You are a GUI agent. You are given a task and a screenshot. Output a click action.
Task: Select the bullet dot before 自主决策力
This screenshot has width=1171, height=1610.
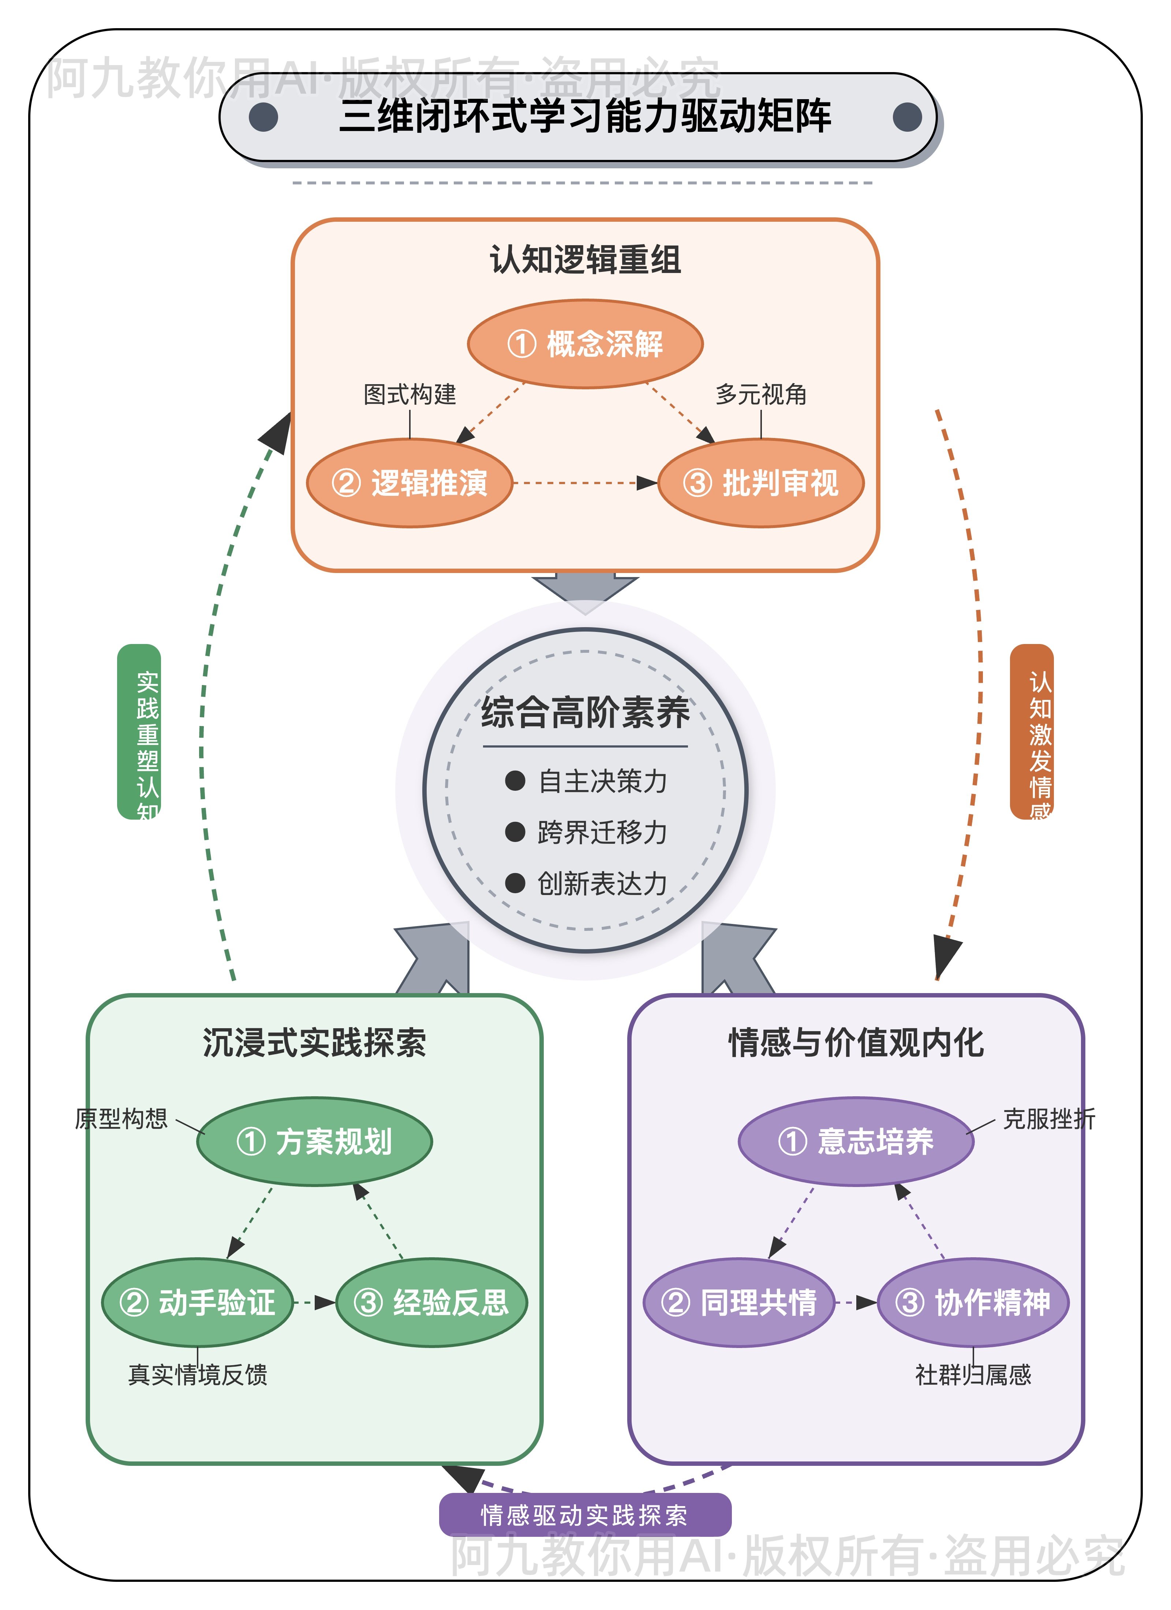(515, 781)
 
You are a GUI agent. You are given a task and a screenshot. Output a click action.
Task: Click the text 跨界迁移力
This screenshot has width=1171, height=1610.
(602, 832)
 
